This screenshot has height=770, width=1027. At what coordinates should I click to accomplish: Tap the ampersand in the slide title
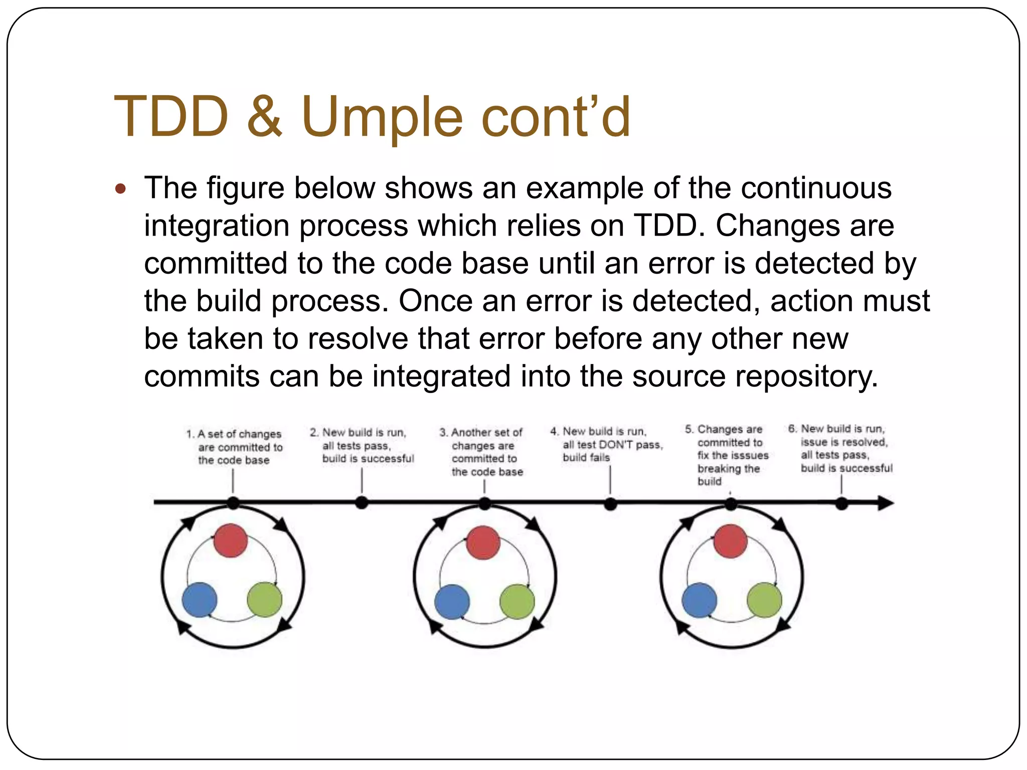click(264, 116)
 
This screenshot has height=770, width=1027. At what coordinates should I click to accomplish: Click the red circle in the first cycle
click(230, 540)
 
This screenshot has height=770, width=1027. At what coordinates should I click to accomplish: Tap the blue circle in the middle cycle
click(452, 602)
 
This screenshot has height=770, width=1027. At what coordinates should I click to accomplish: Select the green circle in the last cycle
click(764, 600)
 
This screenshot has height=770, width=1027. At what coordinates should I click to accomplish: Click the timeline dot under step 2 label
click(362, 503)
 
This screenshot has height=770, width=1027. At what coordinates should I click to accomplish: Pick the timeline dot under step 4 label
click(610, 504)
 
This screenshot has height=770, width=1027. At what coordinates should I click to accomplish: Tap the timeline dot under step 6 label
click(841, 504)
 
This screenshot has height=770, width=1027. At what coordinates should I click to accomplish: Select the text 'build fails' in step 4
click(586, 458)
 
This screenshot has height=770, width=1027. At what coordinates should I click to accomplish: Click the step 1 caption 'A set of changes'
click(239, 434)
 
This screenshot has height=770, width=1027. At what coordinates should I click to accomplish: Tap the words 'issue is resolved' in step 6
click(844, 442)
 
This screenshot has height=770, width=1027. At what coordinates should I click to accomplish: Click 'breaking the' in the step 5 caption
click(729, 469)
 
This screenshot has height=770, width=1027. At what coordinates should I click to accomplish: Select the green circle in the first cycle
click(264, 600)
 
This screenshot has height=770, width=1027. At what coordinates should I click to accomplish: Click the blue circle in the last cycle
click(699, 600)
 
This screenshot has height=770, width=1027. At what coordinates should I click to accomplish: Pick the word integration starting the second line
click(216, 226)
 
